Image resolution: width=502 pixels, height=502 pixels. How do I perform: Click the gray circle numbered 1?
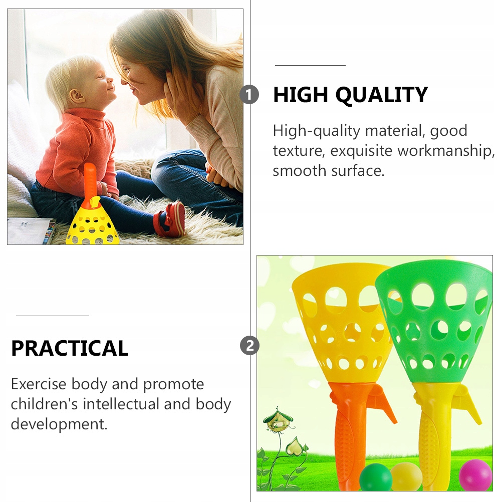(x=249, y=95)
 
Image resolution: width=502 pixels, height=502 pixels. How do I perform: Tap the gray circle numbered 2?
(x=249, y=346)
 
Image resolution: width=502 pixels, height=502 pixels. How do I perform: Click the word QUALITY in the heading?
(x=381, y=95)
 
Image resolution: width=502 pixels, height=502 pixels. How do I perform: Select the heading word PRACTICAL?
(x=70, y=348)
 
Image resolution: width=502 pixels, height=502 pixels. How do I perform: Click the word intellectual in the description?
(x=121, y=404)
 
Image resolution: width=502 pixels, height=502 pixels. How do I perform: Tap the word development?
(x=59, y=424)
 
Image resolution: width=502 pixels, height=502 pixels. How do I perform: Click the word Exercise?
(x=39, y=384)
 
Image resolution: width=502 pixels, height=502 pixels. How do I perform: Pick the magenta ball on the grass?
(x=475, y=475)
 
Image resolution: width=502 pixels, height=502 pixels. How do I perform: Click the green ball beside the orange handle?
(x=376, y=477)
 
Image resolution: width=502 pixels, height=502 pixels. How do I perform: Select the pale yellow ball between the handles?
(x=406, y=476)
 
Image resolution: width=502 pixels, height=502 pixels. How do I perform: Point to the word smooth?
(x=299, y=171)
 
